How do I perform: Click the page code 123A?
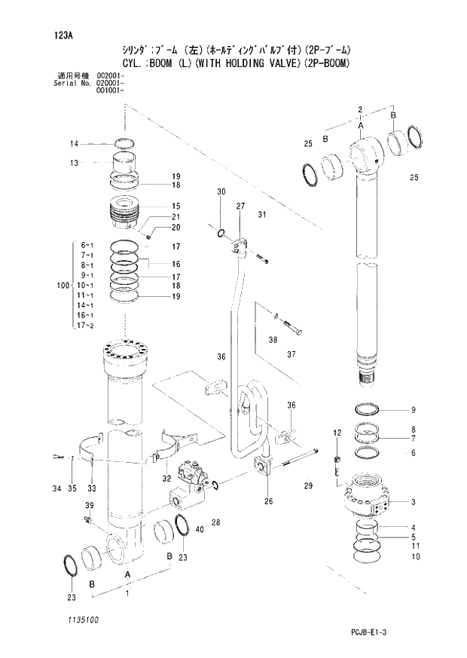pyautogui.click(x=63, y=35)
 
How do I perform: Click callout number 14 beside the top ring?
pyautogui.click(x=75, y=144)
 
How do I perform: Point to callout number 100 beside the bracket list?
pyautogui.click(x=63, y=286)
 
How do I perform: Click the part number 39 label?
pyautogui.click(x=89, y=505)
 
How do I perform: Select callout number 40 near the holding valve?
pyautogui.click(x=200, y=530)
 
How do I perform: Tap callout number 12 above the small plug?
pyautogui.click(x=337, y=432)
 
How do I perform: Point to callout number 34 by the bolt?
pyautogui.click(x=56, y=489)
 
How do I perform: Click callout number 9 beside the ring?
pyautogui.click(x=414, y=410)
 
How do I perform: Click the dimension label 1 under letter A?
pyautogui.click(x=127, y=594)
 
